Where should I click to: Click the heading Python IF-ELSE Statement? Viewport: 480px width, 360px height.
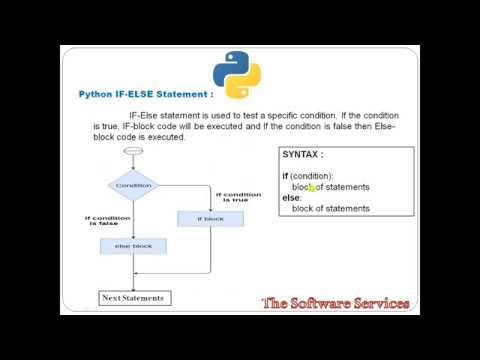pos(146,94)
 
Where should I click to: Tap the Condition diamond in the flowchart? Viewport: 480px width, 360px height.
pos(133,185)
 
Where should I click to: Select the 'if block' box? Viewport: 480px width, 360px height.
pos(210,218)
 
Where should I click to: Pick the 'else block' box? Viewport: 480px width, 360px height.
pos(133,245)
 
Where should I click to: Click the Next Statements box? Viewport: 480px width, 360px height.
pos(133,298)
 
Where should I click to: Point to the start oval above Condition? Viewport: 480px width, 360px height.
pos(133,151)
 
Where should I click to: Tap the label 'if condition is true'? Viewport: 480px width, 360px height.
pos(239,197)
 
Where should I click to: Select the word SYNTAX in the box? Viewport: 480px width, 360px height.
pos(302,155)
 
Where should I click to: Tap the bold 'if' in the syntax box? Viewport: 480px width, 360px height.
pos(285,176)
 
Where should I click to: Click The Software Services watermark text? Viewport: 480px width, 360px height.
pos(335,303)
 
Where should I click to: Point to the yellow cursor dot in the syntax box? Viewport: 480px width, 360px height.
pos(312,187)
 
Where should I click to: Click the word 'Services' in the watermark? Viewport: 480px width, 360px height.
pos(377,303)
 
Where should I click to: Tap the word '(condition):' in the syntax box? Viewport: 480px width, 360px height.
pos(311,176)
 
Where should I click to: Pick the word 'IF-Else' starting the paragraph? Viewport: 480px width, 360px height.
pos(145,116)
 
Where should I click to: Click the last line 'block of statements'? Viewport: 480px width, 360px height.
pos(330,208)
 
